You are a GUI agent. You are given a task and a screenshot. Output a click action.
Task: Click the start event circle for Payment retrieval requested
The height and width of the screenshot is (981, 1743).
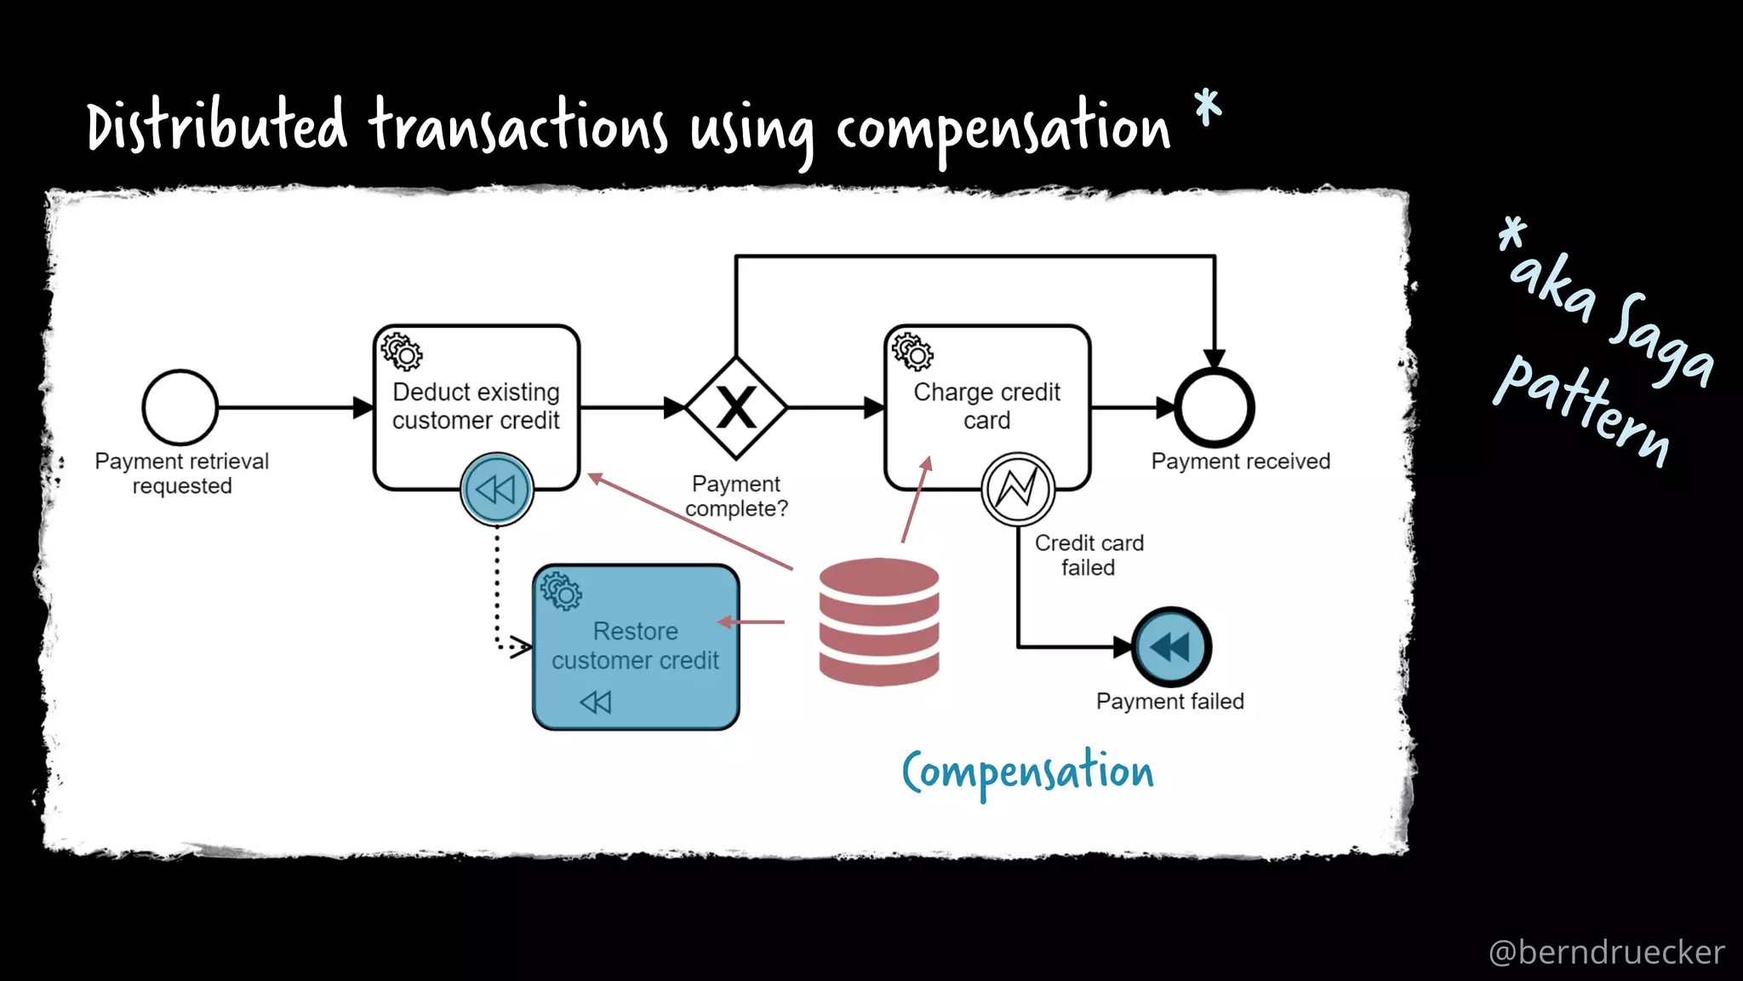tap(180, 407)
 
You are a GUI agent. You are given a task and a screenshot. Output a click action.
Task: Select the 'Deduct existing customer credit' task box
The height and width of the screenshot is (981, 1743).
tap(477, 407)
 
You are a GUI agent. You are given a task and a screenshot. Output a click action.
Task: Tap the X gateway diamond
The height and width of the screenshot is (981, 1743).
tap(736, 408)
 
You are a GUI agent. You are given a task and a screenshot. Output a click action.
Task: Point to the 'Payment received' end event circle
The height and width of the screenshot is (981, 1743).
tap(1214, 408)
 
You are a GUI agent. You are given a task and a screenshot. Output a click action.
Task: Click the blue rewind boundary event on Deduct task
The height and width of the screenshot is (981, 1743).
tap(497, 489)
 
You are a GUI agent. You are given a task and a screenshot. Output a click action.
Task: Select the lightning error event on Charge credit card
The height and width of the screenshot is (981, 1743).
tap(1018, 489)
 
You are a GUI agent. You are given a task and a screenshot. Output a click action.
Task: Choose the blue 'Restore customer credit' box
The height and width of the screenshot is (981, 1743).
tap(636, 645)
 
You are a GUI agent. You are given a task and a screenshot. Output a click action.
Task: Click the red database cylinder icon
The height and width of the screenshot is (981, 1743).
tap(879, 622)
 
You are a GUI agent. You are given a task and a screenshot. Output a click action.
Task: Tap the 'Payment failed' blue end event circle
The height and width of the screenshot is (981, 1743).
tap(1172, 647)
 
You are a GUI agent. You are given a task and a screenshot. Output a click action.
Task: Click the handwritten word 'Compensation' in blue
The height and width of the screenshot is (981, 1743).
tap(1028, 772)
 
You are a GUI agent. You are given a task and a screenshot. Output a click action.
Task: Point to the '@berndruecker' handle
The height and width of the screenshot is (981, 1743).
tap(1606, 952)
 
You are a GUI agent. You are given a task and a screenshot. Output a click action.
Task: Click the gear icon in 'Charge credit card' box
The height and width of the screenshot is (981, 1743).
tap(912, 352)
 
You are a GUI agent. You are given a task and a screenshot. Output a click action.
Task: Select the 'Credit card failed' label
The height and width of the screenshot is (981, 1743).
tap(1089, 555)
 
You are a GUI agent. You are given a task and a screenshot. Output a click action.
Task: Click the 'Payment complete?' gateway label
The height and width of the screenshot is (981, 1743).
tap(736, 496)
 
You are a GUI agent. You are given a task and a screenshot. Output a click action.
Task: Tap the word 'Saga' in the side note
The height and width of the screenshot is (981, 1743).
tap(1660, 341)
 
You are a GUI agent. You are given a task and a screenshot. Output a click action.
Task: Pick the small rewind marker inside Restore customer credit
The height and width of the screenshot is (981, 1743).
tap(596, 702)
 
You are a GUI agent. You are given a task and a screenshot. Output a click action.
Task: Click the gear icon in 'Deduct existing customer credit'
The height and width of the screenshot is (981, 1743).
tap(401, 352)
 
